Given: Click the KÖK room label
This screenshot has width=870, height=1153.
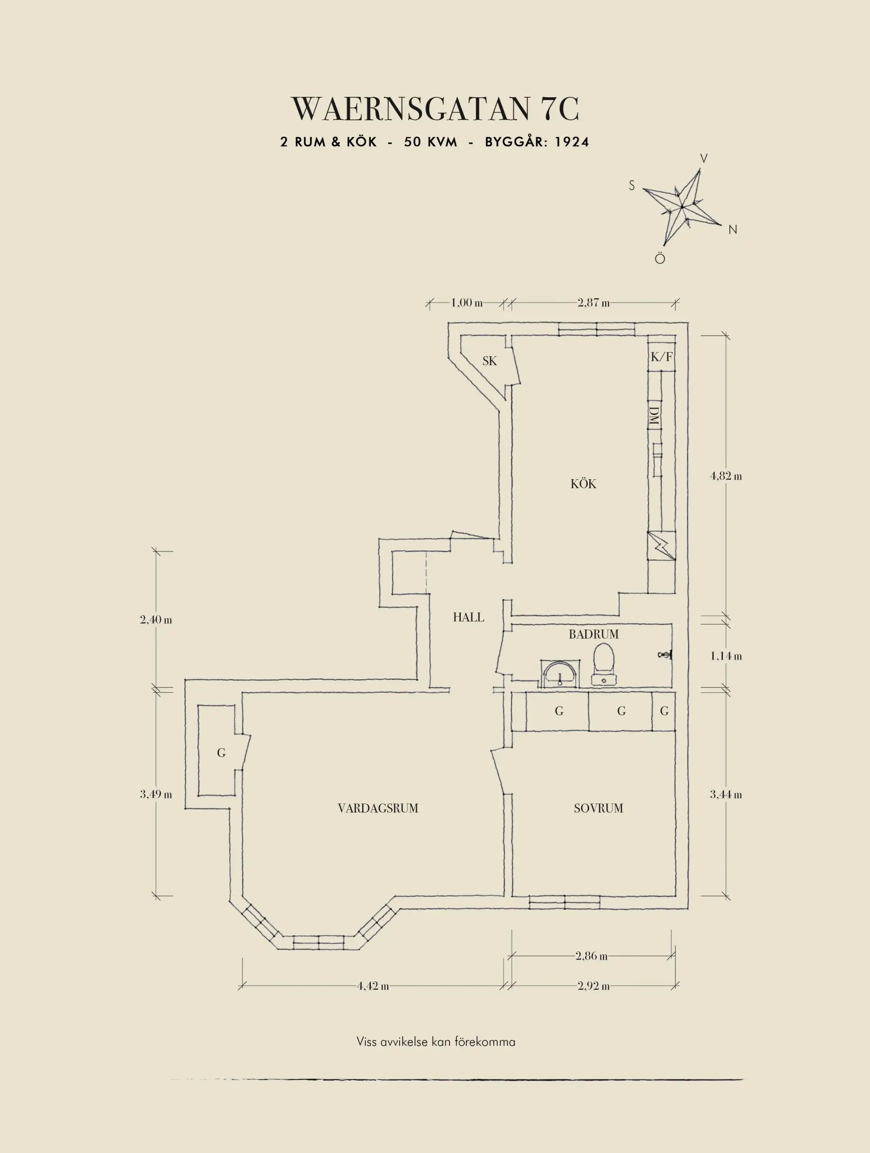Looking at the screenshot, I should point(583,484).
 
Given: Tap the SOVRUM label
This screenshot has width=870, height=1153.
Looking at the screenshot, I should point(598,808).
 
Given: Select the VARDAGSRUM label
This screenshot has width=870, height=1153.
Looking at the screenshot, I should point(378,808).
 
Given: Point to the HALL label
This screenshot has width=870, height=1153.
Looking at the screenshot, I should point(468,617).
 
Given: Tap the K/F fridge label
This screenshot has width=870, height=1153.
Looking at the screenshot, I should point(661,357).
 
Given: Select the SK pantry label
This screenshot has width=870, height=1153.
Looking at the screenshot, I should point(489,361).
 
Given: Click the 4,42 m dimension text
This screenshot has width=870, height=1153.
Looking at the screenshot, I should point(373,986).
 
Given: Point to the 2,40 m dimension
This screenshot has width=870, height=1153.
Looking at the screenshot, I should point(156,620).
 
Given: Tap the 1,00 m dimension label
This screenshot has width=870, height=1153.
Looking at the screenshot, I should point(466,302).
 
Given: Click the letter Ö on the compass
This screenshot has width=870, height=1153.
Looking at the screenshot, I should point(660,259).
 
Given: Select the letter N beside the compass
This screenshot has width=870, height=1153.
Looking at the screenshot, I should point(733,229).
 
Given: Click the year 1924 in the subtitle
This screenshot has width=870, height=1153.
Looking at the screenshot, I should point(572,142).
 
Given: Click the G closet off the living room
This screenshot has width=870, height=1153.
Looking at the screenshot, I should point(222,753).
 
